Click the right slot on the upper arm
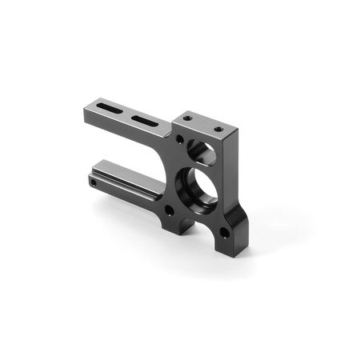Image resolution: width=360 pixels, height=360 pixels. (x=144, y=120)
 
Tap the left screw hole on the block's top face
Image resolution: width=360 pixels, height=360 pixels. (x=187, y=118)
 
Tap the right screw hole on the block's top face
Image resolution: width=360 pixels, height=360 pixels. (x=218, y=128)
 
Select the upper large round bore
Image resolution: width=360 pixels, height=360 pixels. (x=203, y=152)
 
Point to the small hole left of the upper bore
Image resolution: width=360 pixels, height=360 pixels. (x=181, y=142)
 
